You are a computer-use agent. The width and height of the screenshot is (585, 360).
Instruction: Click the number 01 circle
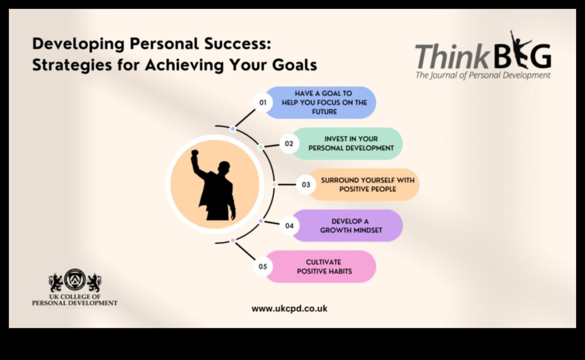click(263, 102)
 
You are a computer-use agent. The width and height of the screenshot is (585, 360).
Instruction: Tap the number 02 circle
click(289, 144)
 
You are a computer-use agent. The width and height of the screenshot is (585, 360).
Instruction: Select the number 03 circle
click(306, 185)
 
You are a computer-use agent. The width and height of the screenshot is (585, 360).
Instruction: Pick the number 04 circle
click(289, 226)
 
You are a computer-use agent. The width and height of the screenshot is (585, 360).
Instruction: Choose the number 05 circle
click(263, 266)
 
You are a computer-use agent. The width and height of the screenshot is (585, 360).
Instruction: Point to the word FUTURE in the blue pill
click(324, 112)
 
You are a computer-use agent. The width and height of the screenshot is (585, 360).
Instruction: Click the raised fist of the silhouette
click(195, 153)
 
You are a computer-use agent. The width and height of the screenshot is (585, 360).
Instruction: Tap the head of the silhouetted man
click(224, 167)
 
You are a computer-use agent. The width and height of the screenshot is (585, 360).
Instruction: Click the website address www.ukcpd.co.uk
click(290, 308)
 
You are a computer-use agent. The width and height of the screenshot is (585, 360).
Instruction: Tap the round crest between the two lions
click(75, 280)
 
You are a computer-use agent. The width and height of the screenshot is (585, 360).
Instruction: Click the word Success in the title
click(238, 43)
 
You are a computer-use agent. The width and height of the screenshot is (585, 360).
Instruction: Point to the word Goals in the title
click(294, 65)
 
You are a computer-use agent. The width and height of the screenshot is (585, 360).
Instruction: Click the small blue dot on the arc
click(233, 129)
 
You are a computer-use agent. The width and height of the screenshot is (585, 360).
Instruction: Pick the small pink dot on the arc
click(233, 240)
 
